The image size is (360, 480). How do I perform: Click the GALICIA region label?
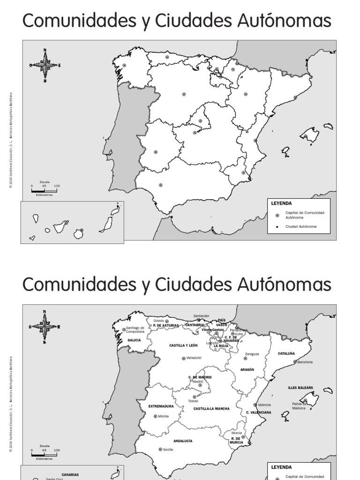pyautogui.click(x=134, y=340)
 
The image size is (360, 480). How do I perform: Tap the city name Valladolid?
pyautogui.click(x=194, y=358)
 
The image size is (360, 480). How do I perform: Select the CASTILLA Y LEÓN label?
pyautogui.click(x=183, y=345)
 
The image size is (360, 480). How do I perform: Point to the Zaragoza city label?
pyautogui.click(x=252, y=354)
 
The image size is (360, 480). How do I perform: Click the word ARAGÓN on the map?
pyautogui.click(x=247, y=369)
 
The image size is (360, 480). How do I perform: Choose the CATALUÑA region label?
pyautogui.click(x=286, y=353)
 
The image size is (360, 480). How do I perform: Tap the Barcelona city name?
pyautogui.click(x=305, y=362)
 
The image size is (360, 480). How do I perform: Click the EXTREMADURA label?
pyautogui.click(x=161, y=406)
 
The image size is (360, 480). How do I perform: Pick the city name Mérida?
pyautogui.click(x=163, y=416)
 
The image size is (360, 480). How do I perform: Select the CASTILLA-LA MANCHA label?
pyautogui.click(x=211, y=409)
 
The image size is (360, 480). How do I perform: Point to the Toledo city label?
pyautogui.click(x=193, y=401)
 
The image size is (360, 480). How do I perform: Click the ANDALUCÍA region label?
pyautogui.click(x=183, y=441)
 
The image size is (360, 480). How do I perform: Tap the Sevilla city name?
pyautogui.click(x=168, y=449)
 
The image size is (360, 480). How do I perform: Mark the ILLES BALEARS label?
pyautogui.click(x=300, y=388)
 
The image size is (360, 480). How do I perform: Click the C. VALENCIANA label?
pyautogui.click(x=258, y=412)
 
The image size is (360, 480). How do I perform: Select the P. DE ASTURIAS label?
pyautogui.click(x=165, y=325)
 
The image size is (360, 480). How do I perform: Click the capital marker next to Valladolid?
pyautogui.click(x=184, y=358)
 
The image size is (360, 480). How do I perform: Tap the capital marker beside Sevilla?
pyautogui.click(x=160, y=449)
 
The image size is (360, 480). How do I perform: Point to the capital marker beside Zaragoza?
pyautogui.click(x=245, y=358)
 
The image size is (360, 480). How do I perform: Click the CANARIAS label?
pyautogui.click(x=70, y=475)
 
